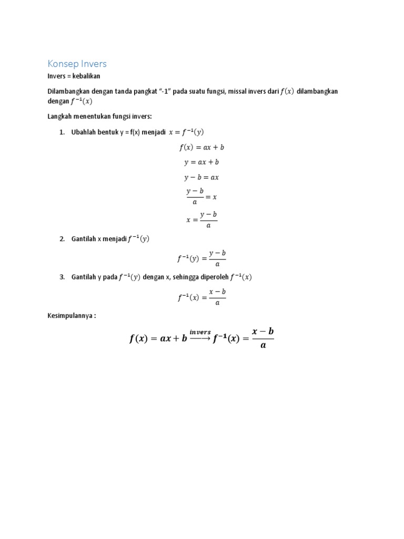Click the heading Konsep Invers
click(77, 64)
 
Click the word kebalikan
click(85, 76)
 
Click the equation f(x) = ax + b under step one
click(201, 147)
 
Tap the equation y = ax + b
click(201, 162)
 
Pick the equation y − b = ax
click(201, 177)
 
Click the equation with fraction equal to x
click(201, 196)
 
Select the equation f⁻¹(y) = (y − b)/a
click(201, 258)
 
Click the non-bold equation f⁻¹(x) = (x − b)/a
click(201, 296)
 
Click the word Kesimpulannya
click(70, 316)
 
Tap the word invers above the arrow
click(200, 332)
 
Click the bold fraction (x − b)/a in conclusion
click(262, 338)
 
